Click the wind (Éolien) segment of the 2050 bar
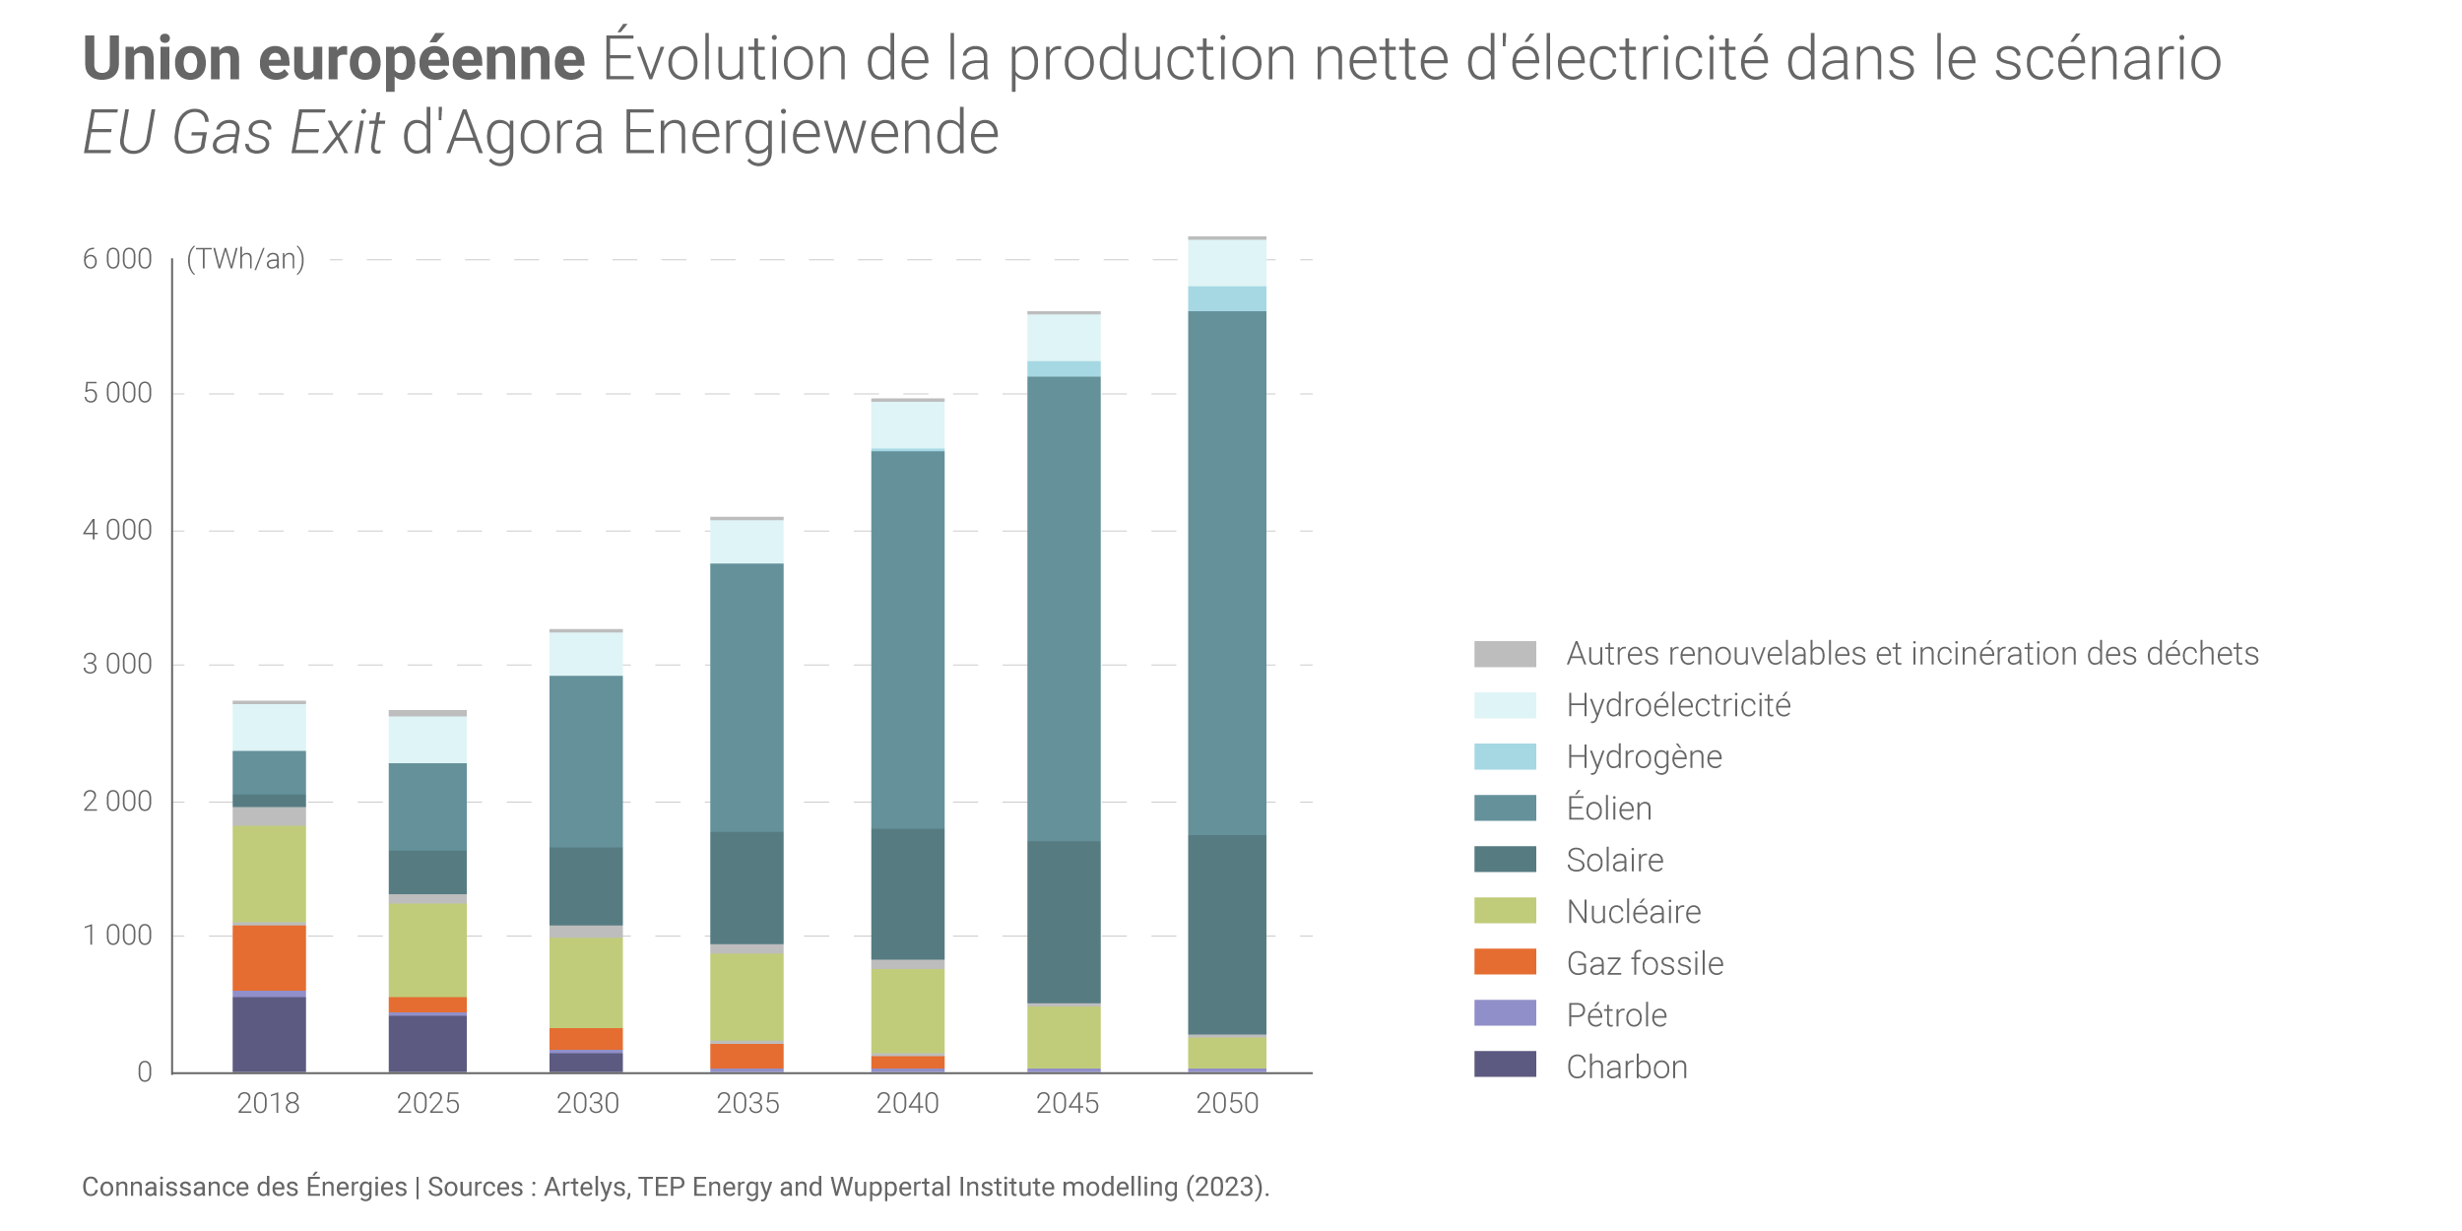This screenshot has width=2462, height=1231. tap(1227, 571)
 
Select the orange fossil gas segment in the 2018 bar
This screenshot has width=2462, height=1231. tap(269, 957)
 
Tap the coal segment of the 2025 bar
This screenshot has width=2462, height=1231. tap(427, 1043)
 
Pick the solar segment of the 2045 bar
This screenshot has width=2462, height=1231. tap(1064, 921)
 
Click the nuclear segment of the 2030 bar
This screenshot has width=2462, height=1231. tap(586, 982)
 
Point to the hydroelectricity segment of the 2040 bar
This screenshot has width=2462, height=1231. tap(908, 424)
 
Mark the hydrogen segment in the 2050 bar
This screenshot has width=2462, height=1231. tap(1227, 298)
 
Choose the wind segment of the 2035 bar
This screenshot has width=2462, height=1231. tap(746, 697)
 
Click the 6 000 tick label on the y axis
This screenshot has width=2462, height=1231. tap(117, 259)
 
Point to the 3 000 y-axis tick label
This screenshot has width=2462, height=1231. tap(117, 665)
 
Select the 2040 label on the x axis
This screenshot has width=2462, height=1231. tap(907, 1103)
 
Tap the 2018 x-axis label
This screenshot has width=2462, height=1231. tap(268, 1103)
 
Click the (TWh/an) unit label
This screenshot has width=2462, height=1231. tap(246, 259)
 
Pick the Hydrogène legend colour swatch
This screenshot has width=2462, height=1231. tap(1505, 756)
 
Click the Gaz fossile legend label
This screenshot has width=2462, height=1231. tap(1645, 963)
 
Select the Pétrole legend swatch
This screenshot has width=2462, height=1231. tap(1505, 1013)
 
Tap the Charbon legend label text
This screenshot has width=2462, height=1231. tap(1627, 1067)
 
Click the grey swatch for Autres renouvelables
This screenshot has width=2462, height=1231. tap(1505, 654)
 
